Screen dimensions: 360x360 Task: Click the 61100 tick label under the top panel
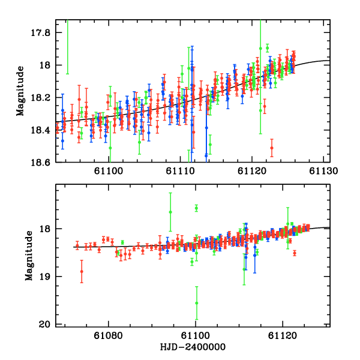[110, 171]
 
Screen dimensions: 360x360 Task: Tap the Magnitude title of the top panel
[20, 91]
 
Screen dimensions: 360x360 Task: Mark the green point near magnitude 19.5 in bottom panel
[196, 303]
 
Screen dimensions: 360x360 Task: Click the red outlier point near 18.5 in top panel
[272, 148]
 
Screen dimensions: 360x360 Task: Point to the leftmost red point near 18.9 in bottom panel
[82, 272]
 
